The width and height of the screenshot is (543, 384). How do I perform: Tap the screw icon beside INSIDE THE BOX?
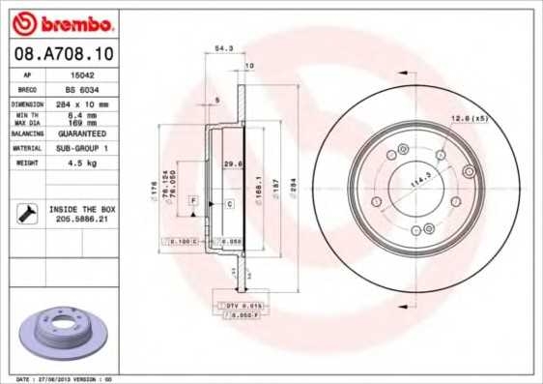[27, 214]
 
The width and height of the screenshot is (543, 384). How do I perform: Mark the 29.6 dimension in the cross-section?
[231, 164]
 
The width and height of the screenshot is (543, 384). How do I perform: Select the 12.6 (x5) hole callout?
[468, 118]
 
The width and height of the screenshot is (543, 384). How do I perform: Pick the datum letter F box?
[193, 198]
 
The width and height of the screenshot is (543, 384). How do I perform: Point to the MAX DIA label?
[25, 122]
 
